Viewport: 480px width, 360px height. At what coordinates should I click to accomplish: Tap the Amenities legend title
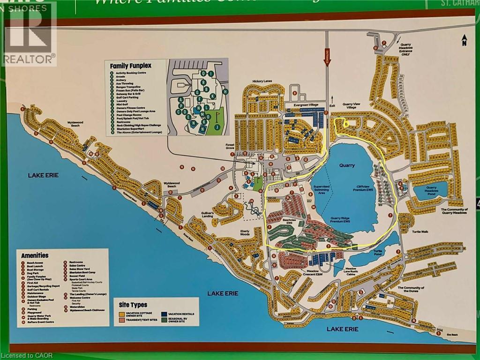coord(35,255)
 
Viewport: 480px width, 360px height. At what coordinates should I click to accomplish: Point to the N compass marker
coord(464,42)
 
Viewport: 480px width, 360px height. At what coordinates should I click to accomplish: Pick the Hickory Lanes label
coord(262,81)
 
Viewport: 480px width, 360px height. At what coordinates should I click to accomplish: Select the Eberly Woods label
coord(245,232)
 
